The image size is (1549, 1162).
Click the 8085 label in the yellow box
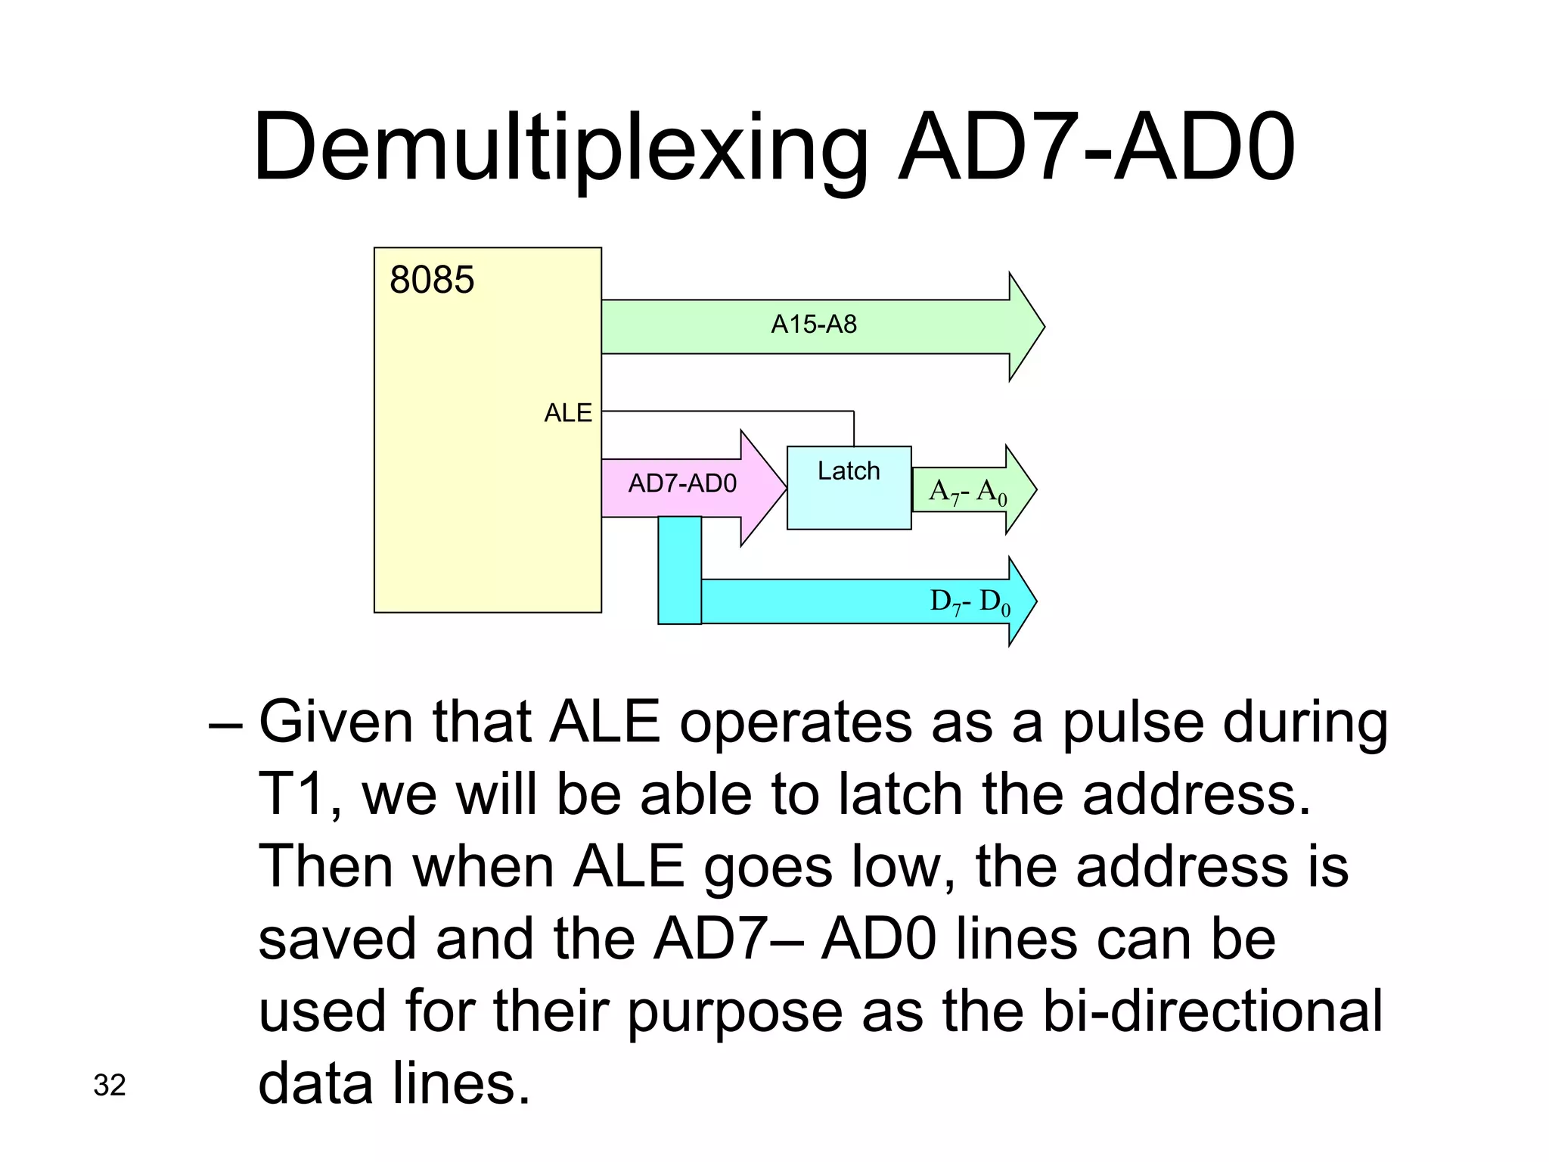(x=432, y=280)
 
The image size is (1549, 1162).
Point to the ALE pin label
(x=568, y=413)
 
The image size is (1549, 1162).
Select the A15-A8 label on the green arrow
(x=814, y=325)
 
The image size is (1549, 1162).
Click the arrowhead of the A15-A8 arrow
(x=1025, y=327)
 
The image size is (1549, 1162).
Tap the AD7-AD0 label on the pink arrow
(x=682, y=483)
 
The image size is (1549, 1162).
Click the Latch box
(x=849, y=488)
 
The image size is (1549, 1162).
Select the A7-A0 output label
(x=967, y=492)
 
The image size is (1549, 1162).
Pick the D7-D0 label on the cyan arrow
(x=970, y=602)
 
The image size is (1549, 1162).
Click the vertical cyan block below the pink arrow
(x=679, y=570)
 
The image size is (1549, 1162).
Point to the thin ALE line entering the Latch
(x=853, y=428)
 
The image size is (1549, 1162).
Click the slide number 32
(x=110, y=1086)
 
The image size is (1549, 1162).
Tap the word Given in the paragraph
(x=335, y=722)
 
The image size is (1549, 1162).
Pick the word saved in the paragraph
(x=337, y=939)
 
